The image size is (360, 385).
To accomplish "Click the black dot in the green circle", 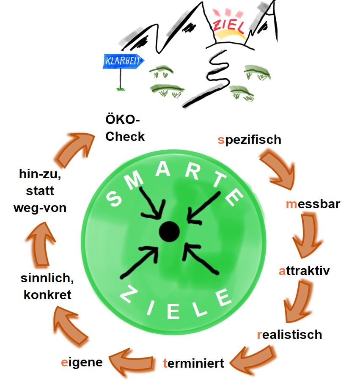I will coord(170,231).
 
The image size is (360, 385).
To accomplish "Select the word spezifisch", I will coord(250,140).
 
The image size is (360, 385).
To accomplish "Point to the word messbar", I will coord(313,204).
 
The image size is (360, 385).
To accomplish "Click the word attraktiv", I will coord(304,270).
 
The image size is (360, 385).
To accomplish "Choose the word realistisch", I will coord(290,335).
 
